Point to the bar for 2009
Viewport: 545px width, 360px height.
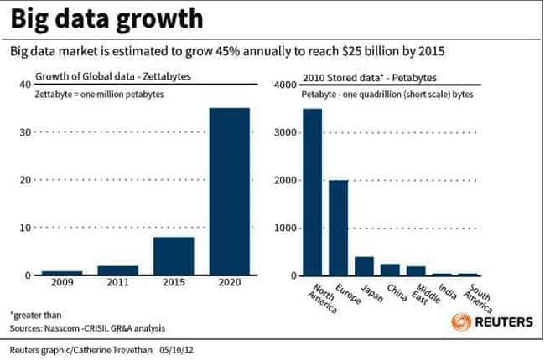(x=61, y=273)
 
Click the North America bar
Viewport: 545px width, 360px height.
(x=312, y=192)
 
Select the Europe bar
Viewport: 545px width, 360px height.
(x=339, y=228)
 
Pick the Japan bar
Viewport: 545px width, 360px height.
(x=365, y=266)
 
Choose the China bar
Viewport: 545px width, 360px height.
(x=391, y=270)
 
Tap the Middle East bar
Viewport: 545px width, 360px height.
(x=416, y=270)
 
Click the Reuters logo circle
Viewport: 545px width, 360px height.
(x=461, y=321)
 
